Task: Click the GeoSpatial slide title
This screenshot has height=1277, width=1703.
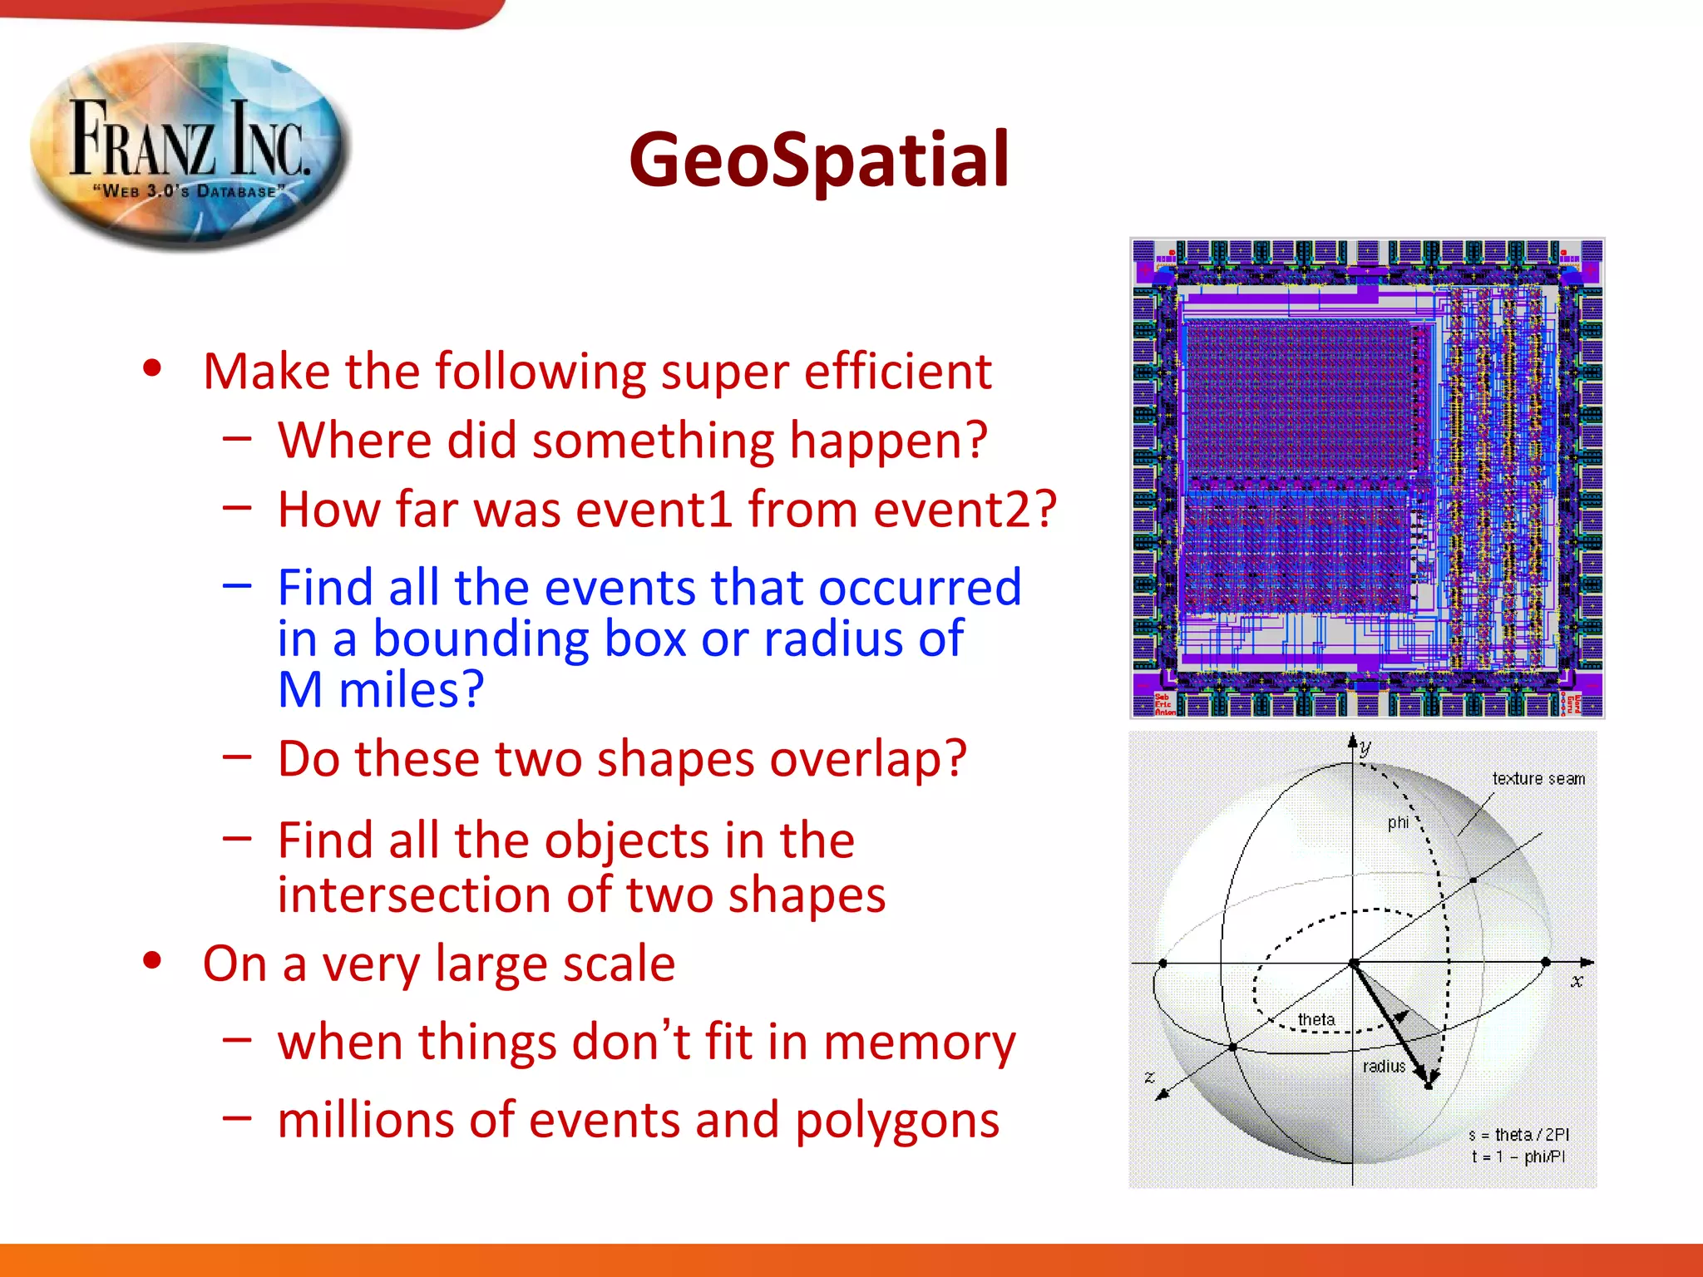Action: click(x=819, y=160)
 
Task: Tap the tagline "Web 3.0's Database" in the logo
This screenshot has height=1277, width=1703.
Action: click(x=189, y=190)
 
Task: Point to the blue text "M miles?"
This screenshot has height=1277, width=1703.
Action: click(x=380, y=690)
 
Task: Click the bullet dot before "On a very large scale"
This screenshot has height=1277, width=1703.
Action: click(x=151, y=961)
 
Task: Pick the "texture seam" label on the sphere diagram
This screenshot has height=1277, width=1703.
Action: click(x=1538, y=779)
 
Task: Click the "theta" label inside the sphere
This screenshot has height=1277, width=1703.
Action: click(x=1316, y=1019)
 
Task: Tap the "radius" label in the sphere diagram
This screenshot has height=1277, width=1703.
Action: click(x=1384, y=1067)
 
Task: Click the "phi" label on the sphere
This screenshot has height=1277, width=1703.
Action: click(x=1398, y=822)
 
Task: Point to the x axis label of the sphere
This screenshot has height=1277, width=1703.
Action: click(x=1577, y=982)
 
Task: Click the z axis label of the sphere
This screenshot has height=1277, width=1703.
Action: click(x=1149, y=1077)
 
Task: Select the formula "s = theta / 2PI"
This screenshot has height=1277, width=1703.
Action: click(x=1518, y=1135)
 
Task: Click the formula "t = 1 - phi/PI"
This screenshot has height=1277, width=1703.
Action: click(x=1518, y=1156)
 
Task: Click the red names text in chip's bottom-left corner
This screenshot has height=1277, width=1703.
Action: click(x=1164, y=705)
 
